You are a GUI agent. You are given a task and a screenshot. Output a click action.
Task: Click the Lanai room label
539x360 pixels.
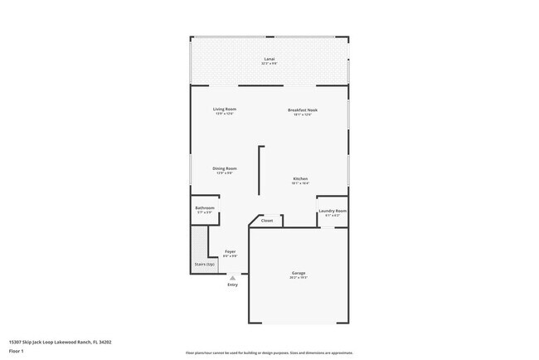pos(269,59)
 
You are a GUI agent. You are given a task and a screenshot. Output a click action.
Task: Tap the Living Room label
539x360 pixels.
pos(225,109)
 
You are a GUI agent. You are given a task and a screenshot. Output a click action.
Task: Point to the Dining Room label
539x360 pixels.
pos(225,168)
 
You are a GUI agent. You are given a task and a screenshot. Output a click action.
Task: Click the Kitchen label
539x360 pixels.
pos(300,178)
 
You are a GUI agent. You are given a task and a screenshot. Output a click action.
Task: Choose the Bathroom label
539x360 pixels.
pos(205,207)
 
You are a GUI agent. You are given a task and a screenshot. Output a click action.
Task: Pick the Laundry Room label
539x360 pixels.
pos(333,211)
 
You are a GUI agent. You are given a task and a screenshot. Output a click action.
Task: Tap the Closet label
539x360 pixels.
pos(267,221)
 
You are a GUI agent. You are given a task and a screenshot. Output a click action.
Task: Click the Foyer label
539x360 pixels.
pos(230,251)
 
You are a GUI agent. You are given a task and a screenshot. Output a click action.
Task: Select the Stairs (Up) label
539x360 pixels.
pos(205,264)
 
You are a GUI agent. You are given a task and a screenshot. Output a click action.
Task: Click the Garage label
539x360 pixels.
pos(299,272)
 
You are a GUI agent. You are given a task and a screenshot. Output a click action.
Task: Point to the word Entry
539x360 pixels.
pos(232,285)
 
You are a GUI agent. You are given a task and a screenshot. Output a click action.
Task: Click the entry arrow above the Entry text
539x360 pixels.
pos(232,279)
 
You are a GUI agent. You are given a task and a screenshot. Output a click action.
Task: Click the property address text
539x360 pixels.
pos(60,341)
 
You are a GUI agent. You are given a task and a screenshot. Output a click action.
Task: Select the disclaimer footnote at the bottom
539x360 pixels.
pos(269,353)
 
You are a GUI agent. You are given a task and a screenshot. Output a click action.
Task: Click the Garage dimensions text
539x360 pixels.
pos(299,277)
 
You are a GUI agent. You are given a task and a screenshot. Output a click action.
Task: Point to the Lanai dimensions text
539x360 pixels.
pos(269,64)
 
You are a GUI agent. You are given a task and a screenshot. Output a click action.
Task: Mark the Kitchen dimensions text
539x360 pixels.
pos(300,183)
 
